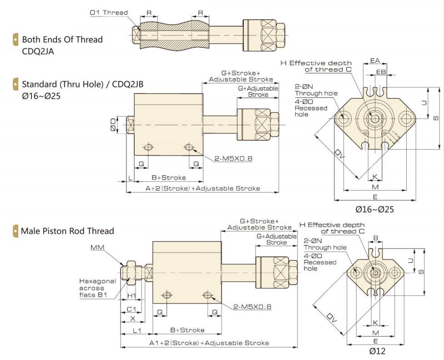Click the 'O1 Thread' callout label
(102, 12)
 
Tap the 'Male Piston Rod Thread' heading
(67, 231)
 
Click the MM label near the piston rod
(97, 248)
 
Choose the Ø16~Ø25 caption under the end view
(374, 210)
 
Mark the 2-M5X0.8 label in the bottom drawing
(252, 307)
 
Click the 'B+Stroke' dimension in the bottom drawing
(187, 330)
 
